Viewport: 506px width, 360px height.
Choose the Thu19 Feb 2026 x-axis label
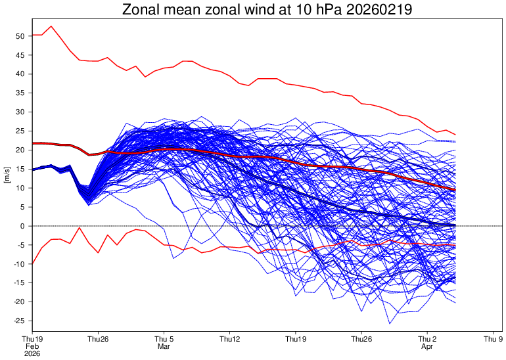pyautogui.click(x=32, y=347)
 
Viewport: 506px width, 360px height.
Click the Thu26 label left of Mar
pyautogui.click(x=98, y=339)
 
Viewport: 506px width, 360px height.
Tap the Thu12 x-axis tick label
pyautogui.click(x=229, y=339)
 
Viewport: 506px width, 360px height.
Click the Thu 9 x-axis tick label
pyautogui.click(x=493, y=339)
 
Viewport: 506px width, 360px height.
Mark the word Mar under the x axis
pyautogui.click(x=164, y=347)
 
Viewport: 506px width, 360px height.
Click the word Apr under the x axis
pyautogui.click(x=427, y=347)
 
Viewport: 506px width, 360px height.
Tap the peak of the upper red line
pyautogui.click(x=51, y=26)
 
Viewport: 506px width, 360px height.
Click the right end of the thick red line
pyautogui.click(x=455, y=190)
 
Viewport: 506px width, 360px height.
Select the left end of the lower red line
pyautogui.click(x=32, y=264)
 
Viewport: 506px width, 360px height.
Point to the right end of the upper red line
pyautogui.click(x=455, y=135)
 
